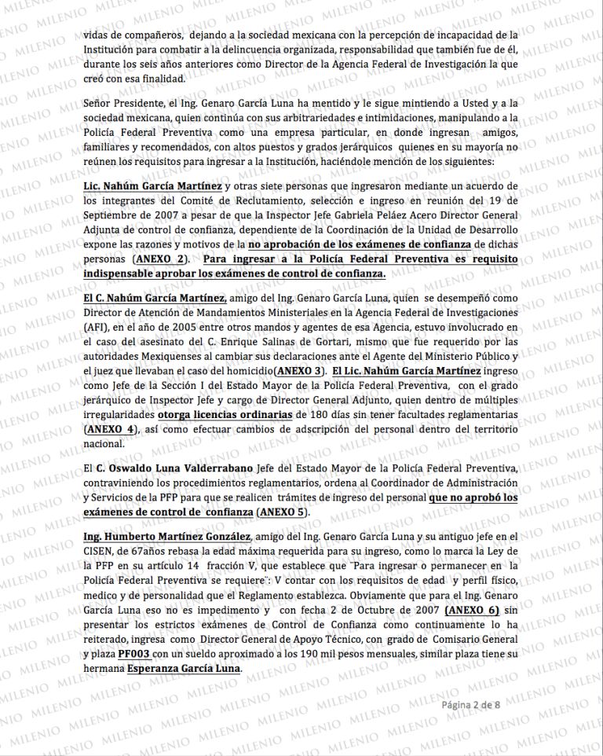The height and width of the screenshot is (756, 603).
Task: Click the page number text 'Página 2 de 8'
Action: click(x=476, y=705)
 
